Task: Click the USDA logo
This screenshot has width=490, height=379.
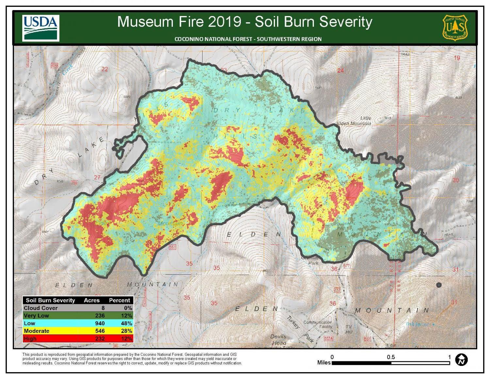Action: pos(41,28)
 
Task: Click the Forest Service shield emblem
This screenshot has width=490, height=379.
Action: pos(455,27)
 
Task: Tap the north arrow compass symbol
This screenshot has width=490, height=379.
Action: pos(461,360)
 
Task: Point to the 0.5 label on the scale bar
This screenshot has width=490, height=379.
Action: pos(391,357)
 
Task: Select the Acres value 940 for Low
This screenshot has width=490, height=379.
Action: pos(100,323)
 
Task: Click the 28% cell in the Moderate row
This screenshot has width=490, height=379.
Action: pos(126,331)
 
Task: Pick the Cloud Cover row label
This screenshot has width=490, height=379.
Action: pos(41,308)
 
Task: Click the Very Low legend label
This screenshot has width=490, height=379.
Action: pos(36,316)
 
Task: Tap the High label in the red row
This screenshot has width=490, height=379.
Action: pos(30,338)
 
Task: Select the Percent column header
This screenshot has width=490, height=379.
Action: pos(119,300)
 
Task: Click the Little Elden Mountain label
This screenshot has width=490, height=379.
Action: pos(354,121)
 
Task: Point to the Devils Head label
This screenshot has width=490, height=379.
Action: pos(278,339)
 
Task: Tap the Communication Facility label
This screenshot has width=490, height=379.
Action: pos(318,324)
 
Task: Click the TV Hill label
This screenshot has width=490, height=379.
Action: pos(349,329)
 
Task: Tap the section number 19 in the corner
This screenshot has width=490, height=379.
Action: pos(456,58)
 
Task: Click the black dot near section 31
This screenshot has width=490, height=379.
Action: pos(439,285)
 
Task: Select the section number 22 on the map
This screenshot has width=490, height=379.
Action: pos(105,69)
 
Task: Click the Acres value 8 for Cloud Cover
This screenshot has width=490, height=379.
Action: pos(103,308)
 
